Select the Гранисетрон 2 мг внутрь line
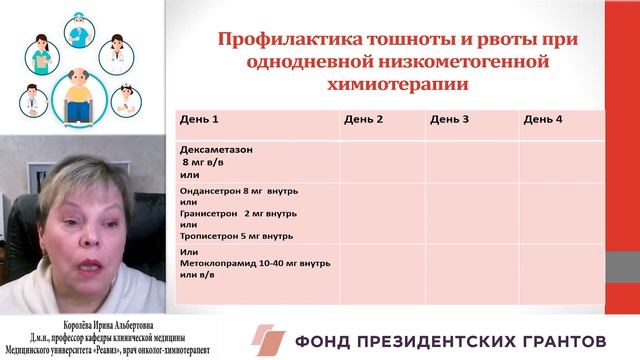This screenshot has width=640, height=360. (x=240, y=212)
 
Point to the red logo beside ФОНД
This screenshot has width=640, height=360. (x=268, y=339)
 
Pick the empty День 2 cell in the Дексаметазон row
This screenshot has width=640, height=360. (x=382, y=160)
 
